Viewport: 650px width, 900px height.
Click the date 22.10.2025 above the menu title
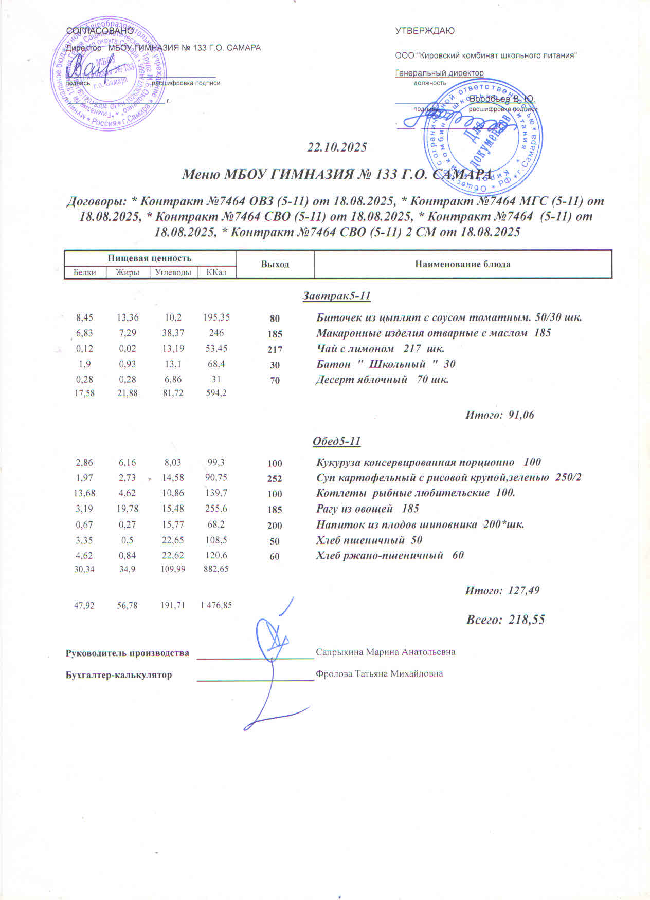pyautogui.click(x=337, y=147)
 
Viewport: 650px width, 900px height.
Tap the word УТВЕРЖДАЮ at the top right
pyautogui.click(x=425, y=31)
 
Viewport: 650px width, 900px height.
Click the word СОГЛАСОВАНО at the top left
pyautogui.click(x=100, y=31)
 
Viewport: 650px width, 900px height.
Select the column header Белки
pyautogui.click(x=85, y=272)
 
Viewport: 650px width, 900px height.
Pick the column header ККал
pyautogui.click(x=216, y=272)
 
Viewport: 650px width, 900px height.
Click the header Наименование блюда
pyautogui.click(x=462, y=264)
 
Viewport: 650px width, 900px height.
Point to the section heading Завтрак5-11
pyautogui.click(x=337, y=296)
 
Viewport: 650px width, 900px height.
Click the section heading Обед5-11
pyautogui.click(x=337, y=441)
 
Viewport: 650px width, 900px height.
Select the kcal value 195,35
pyautogui.click(x=216, y=317)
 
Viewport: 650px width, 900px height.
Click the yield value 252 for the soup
pyautogui.click(x=275, y=478)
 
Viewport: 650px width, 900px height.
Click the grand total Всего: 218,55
pyautogui.click(x=505, y=620)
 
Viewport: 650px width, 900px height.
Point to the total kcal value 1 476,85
pyautogui.click(x=216, y=605)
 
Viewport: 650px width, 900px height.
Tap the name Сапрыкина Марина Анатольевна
pyautogui.click(x=385, y=652)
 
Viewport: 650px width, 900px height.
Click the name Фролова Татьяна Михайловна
pyautogui.click(x=379, y=673)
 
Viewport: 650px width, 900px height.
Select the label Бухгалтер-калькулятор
pyautogui.click(x=119, y=675)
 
